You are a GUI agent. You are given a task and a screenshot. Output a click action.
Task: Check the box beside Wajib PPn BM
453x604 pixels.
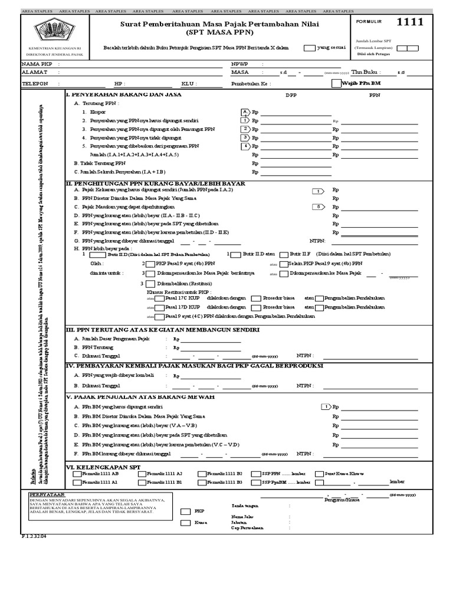coord(336,83)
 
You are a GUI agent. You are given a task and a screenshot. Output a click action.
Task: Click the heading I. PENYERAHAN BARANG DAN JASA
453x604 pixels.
coord(123,94)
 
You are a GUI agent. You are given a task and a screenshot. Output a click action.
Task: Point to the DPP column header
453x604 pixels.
coord(293,94)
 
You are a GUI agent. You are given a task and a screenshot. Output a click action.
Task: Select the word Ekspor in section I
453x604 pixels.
coord(97,111)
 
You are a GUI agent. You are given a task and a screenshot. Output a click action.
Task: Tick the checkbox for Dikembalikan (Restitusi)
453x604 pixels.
coord(149,283)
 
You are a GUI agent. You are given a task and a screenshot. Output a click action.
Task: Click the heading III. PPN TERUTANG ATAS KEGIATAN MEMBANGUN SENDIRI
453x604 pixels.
coord(159,329)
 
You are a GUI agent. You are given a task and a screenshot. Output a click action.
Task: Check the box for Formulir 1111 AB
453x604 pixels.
coord(77,474)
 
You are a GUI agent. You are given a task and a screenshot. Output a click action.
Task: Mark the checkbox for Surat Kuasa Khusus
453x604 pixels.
coord(320,474)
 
